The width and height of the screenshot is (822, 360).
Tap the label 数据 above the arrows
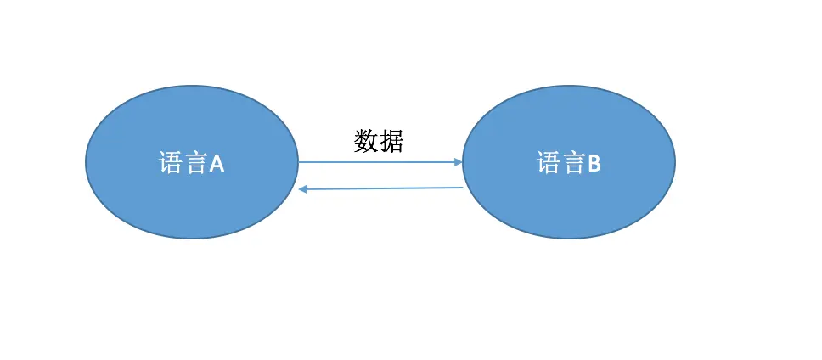[x=379, y=141]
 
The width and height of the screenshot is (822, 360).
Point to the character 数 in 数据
[x=366, y=141]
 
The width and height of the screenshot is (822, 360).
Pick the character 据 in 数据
[x=391, y=141]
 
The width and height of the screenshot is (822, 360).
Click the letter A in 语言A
[x=217, y=163]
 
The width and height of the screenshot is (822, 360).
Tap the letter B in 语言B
[x=594, y=163]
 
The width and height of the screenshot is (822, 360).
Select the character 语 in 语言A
[x=170, y=163]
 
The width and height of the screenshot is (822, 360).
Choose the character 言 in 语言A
[x=194, y=163]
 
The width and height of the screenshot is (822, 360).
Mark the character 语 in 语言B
[x=548, y=163]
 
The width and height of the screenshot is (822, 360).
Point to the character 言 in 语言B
[x=572, y=163]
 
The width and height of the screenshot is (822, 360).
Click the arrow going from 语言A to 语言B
[x=380, y=161]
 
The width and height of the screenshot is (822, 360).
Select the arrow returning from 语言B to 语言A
[x=380, y=188]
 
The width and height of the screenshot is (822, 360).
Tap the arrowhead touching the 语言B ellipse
[x=458, y=161]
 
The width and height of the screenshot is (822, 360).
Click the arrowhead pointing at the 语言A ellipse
[x=302, y=189]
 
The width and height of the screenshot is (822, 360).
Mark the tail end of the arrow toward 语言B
[x=300, y=161]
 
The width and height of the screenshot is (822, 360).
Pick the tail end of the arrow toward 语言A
[x=462, y=188]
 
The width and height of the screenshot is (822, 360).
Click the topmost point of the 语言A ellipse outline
[x=192, y=86]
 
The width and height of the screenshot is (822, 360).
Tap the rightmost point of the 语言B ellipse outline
[x=675, y=161]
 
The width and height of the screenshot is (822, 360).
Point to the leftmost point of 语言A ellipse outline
[x=86, y=161]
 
